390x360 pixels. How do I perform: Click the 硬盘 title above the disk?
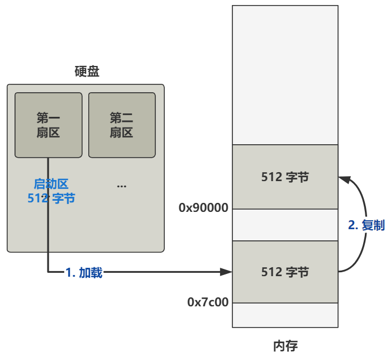click(87, 72)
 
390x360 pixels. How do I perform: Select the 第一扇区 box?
click(48, 125)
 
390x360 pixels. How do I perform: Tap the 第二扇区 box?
click(121, 125)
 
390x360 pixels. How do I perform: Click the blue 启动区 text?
click(51, 184)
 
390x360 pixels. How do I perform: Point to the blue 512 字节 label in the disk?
click(51, 198)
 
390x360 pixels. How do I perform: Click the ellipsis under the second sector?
click(121, 186)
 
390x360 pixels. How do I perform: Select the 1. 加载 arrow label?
click(84, 273)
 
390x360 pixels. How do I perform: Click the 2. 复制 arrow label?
click(367, 226)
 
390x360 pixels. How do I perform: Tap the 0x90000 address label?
click(203, 208)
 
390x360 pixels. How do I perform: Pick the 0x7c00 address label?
click(208, 302)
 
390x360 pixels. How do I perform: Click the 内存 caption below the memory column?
click(285, 345)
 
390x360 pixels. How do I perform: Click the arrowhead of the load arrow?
click(226, 272)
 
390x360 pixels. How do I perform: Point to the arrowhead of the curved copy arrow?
click(344, 179)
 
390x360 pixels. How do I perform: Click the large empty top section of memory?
click(285, 75)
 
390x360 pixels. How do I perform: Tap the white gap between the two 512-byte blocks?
click(285, 225)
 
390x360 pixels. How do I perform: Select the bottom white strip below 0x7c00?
click(285, 315)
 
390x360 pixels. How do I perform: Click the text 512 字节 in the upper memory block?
click(285, 177)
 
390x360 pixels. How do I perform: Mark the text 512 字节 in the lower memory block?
click(285, 272)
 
